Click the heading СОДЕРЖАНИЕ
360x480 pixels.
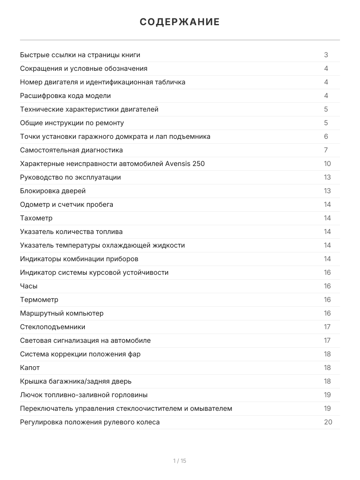[x=180, y=22]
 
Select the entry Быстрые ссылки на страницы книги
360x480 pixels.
[x=80, y=55]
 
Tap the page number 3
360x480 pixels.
[x=326, y=55]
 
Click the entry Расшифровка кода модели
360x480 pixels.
[x=65, y=96]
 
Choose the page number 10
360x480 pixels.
[x=327, y=164]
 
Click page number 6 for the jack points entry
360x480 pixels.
[x=326, y=136]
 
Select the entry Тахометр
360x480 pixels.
[x=36, y=218]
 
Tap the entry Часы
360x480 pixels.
[x=29, y=286]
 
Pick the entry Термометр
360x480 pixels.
[x=39, y=300]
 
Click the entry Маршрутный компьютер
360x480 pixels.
[x=62, y=313]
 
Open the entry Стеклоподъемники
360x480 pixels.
[x=52, y=327]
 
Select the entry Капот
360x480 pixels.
[x=30, y=368]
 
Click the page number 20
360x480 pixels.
[x=328, y=422]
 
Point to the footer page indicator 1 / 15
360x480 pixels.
[x=180, y=461]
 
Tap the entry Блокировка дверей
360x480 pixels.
[x=53, y=191]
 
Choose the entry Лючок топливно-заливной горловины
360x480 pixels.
[x=84, y=395]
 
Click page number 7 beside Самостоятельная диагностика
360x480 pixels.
[x=326, y=150]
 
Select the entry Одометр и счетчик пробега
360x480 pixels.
[x=66, y=204]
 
